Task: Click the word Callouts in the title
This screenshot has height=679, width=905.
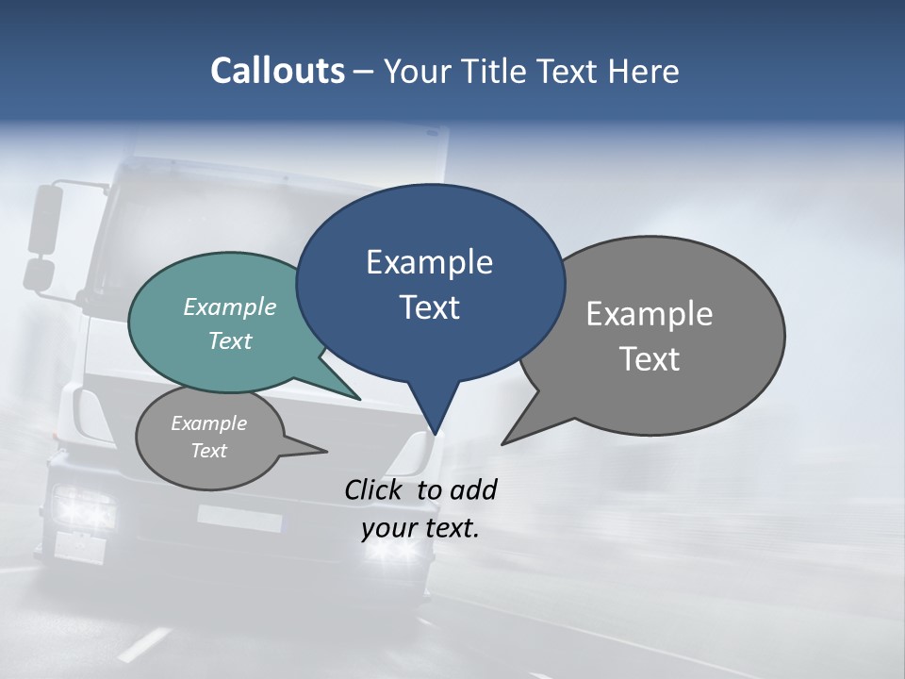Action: [277, 71]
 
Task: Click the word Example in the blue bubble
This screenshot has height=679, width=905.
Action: [429, 262]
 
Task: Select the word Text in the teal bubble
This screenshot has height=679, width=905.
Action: [230, 340]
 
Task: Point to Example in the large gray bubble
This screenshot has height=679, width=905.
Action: [649, 314]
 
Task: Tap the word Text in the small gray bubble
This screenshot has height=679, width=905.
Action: [209, 451]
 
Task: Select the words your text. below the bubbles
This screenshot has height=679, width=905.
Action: [420, 528]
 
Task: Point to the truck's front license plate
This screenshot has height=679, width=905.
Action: [239, 518]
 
